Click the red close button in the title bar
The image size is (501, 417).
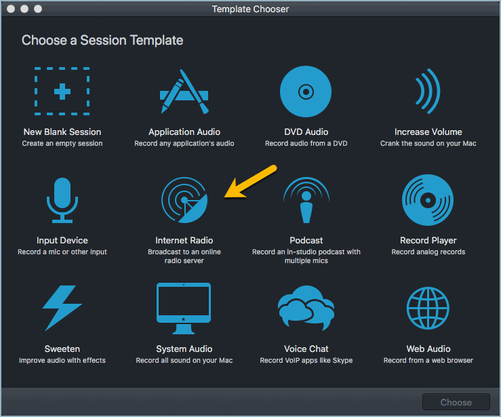(x=12, y=9)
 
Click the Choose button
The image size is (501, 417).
(x=456, y=401)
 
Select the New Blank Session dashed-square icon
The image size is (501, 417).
(x=62, y=92)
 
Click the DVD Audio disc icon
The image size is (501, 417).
(x=306, y=92)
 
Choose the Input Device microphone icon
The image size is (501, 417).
(x=62, y=200)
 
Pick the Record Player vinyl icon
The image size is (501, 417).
(x=428, y=200)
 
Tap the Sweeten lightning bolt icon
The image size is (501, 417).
(x=62, y=309)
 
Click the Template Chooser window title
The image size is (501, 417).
(x=250, y=9)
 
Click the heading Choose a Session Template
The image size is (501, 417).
(x=102, y=40)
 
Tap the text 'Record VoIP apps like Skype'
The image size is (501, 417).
(x=306, y=360)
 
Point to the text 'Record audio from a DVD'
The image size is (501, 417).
(x=306, y=143)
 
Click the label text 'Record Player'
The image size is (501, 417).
(x=428, y=240)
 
